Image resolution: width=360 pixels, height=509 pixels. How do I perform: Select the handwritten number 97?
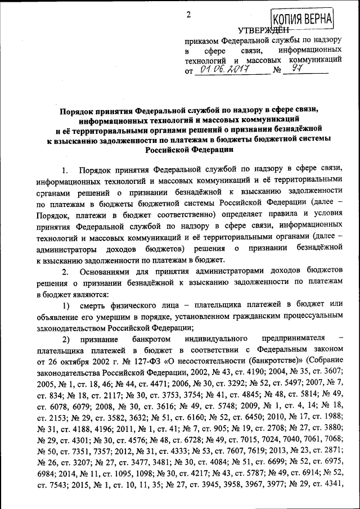click(295, 70)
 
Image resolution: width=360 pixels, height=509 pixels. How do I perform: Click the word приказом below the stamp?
click(202, 42)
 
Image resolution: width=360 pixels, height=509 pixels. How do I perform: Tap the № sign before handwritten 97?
click(276, 71)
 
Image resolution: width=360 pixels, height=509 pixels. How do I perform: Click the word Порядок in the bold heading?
click(79, 111)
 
